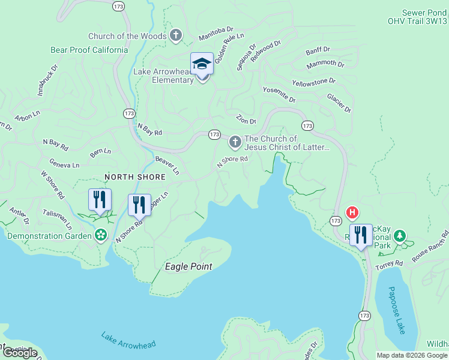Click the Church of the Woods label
coord(127,36)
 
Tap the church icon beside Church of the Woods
coord(176,35)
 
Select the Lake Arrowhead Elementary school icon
coord(202,65)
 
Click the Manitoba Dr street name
coord(215,37)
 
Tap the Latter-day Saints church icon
coord(235,143)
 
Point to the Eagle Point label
coord(188,266)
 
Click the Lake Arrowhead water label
coord(128,340)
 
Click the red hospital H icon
coord(353,212)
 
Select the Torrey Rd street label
coord(390,264)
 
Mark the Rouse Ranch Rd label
coord(430,246)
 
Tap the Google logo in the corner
coord(20,353)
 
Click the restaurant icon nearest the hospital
coord(361,235)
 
